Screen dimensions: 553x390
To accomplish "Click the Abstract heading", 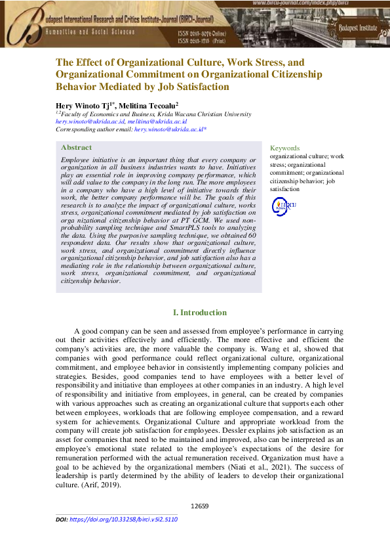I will point(76,148).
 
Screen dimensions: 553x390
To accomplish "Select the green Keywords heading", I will point(284,148).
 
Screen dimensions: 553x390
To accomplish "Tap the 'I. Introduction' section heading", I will point(200,313).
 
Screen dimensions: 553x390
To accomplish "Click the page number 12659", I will point(199,506).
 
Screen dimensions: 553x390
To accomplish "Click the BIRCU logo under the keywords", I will point(284,206).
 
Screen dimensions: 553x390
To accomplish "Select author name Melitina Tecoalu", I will point(150,105).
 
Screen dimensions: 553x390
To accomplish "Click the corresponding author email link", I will point(170,130).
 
